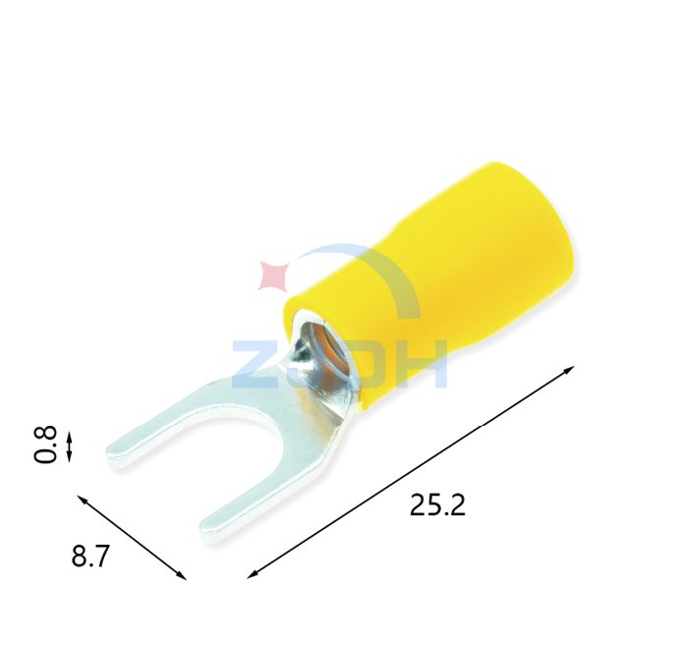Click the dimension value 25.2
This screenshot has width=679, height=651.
437,505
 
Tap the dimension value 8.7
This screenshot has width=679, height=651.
90,557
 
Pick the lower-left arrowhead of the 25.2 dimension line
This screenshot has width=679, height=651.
252,574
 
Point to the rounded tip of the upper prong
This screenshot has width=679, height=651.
116,450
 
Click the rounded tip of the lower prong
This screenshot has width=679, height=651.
210,534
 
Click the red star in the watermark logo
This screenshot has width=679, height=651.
272,275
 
